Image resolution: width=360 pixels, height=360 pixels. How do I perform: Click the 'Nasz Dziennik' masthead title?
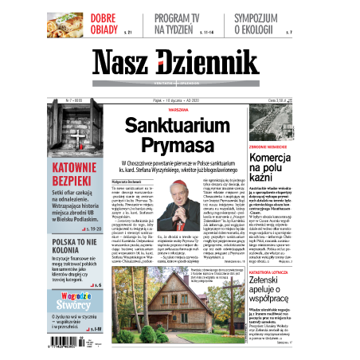(179, 65)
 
